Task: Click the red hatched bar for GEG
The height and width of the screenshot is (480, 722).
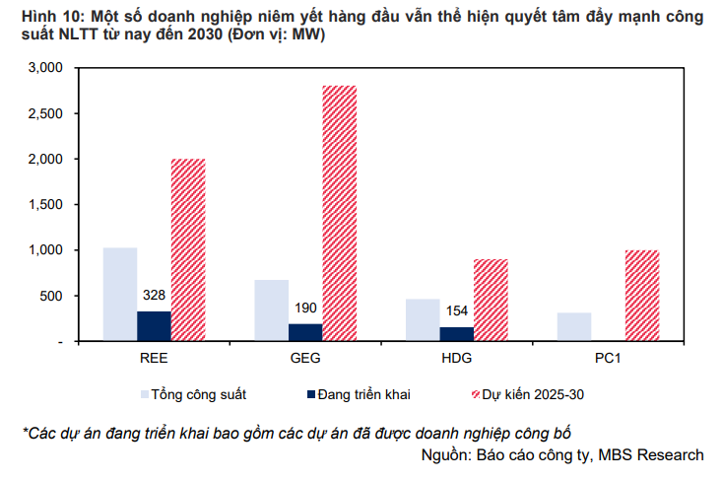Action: click(340, 213)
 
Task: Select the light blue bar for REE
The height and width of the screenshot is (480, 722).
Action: click(120, 295)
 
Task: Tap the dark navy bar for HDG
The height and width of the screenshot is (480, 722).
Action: click(457, 334)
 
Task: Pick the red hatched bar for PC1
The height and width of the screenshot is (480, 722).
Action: click(642, 296)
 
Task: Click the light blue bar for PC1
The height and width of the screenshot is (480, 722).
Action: click(574, 326)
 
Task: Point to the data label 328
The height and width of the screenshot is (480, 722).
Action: click(154, 295)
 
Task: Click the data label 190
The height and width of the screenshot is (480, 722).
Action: click(305, 308)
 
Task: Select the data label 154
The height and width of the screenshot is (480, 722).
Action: click(457, 310)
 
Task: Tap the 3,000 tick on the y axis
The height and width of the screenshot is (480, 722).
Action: click(45, 68)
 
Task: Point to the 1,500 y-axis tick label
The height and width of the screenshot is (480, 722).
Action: click(45, 205)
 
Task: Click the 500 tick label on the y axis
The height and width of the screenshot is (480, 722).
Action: click(51, 296)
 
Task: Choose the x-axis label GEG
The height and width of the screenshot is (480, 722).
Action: click(305, 359)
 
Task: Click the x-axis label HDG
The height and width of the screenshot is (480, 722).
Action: click(457, 359)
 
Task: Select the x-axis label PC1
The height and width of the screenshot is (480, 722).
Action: click(608, 359)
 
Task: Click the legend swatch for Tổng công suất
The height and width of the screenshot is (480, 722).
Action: click(145, 395)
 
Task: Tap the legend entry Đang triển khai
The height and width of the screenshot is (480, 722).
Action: click(359, 395)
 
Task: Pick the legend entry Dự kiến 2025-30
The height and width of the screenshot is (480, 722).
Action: click(528, 395)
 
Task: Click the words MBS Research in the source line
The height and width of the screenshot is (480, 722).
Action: click(651, 455)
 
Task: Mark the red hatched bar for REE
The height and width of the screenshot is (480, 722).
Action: click(188, 250)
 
